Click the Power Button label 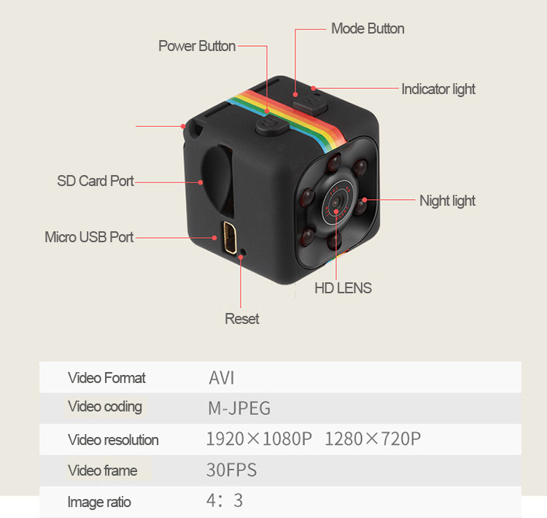pyautogui.click(x=197, y=46)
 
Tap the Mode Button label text pyautogui.click(x=368, y=28)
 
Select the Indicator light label pyautogui.click(x=438, y=89)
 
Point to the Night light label pyautogui.click(x=447, y=201)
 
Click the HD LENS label pyautogui.click(x=343, y=288)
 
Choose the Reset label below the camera pyautogui.click(x=242, y=319)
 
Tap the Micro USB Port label pyautogui.click(x=89, y=237)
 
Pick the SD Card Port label pyautogui.click(x=96, y=181)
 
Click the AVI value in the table pyautogui.click(x=222, y=378)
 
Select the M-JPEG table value pyautogui.click(x=239, y=408)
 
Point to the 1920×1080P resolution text pyautogui.click(x=259, y=439)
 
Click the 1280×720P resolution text pyautogui.click(x=373, y=439)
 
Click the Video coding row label pyautogui.click(x=105, y=407)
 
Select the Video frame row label pyautogui.click(x=102, y=471)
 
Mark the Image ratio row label pyautogui.click(x=99, y=502)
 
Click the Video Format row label pyautogui.click(x=106, y=378)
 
